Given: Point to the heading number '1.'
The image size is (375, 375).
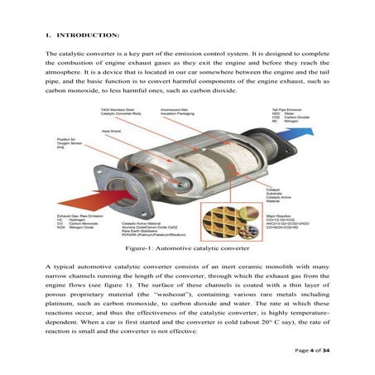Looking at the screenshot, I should (x=49, y=36).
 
